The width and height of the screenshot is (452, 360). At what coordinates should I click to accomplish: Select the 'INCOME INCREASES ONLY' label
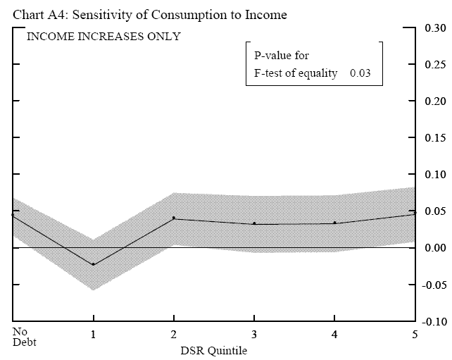click(103, 37)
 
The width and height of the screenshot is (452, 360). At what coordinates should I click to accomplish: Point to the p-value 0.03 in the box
click(360, 73)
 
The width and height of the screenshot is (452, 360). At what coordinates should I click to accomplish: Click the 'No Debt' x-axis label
click(23, 337)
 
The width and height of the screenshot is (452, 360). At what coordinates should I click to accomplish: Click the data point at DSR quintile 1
click(93, 264)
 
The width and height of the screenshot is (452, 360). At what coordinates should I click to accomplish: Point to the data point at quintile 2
click(174, 218)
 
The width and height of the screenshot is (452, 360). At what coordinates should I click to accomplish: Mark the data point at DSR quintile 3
click(254, 224)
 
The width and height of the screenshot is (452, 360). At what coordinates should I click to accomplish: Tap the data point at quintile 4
click(334, 223)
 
